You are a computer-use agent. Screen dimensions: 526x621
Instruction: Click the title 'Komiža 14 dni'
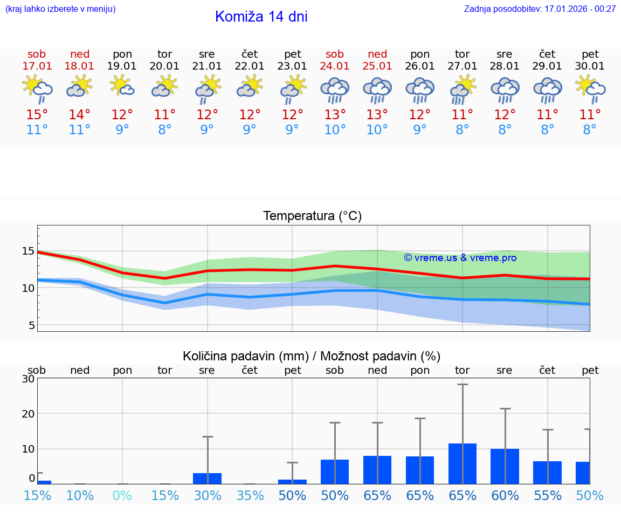tap(261, 17)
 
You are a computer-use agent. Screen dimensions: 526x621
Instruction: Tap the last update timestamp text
tap(540, 9)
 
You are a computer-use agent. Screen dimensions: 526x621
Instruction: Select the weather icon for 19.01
tap(122, 86)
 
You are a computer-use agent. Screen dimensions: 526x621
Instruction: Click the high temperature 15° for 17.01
tap(37, 115)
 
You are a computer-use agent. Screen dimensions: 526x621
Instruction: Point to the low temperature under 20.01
tap(164, 130)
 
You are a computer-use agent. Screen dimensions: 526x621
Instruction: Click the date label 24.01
tap(335, 66)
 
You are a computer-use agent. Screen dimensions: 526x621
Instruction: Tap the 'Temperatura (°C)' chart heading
tap(312, 216)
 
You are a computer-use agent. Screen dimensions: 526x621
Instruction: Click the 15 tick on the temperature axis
tap(28, 251)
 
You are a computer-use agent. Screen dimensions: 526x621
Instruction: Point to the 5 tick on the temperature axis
tap(31, 325)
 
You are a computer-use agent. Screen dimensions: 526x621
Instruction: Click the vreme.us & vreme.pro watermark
tap(460, 258)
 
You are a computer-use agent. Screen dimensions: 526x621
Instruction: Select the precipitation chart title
tap(312, 356)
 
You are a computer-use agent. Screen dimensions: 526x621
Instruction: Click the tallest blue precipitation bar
tap(463, 463)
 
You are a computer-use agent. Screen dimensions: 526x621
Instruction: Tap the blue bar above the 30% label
tap(208, 478)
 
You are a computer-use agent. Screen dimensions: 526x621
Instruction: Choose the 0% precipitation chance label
tap(122, 496)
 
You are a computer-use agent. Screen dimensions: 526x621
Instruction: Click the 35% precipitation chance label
tap(250, 496)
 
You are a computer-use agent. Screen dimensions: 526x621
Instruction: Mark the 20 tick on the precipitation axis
tap(28, 414)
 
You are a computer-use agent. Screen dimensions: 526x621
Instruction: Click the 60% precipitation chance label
tap(505, 496)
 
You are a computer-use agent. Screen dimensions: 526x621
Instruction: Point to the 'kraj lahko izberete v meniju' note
tap(60, 9)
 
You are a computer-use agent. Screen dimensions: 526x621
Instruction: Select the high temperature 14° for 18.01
tap(79, 115)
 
